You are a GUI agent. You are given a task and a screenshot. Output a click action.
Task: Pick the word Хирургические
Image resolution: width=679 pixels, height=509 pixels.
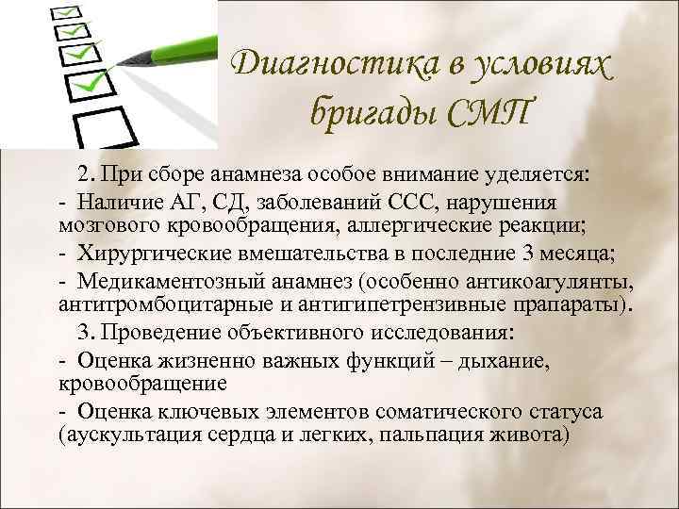[x=150, y=254]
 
